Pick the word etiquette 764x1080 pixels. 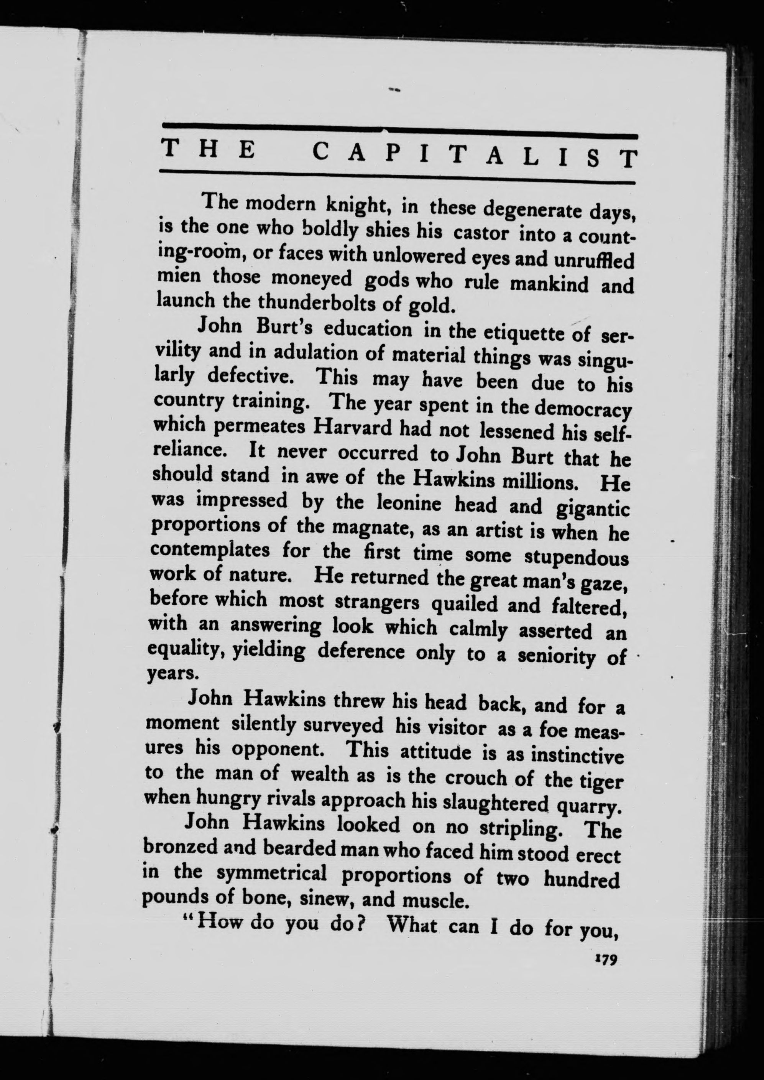click(x=517, y=333)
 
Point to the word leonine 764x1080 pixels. click(x=409, y=503)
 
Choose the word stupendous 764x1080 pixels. click(x=576, y=558)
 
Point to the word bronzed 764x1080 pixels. click(x=180, y=847)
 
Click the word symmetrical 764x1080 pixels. click(x=273, y=873)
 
